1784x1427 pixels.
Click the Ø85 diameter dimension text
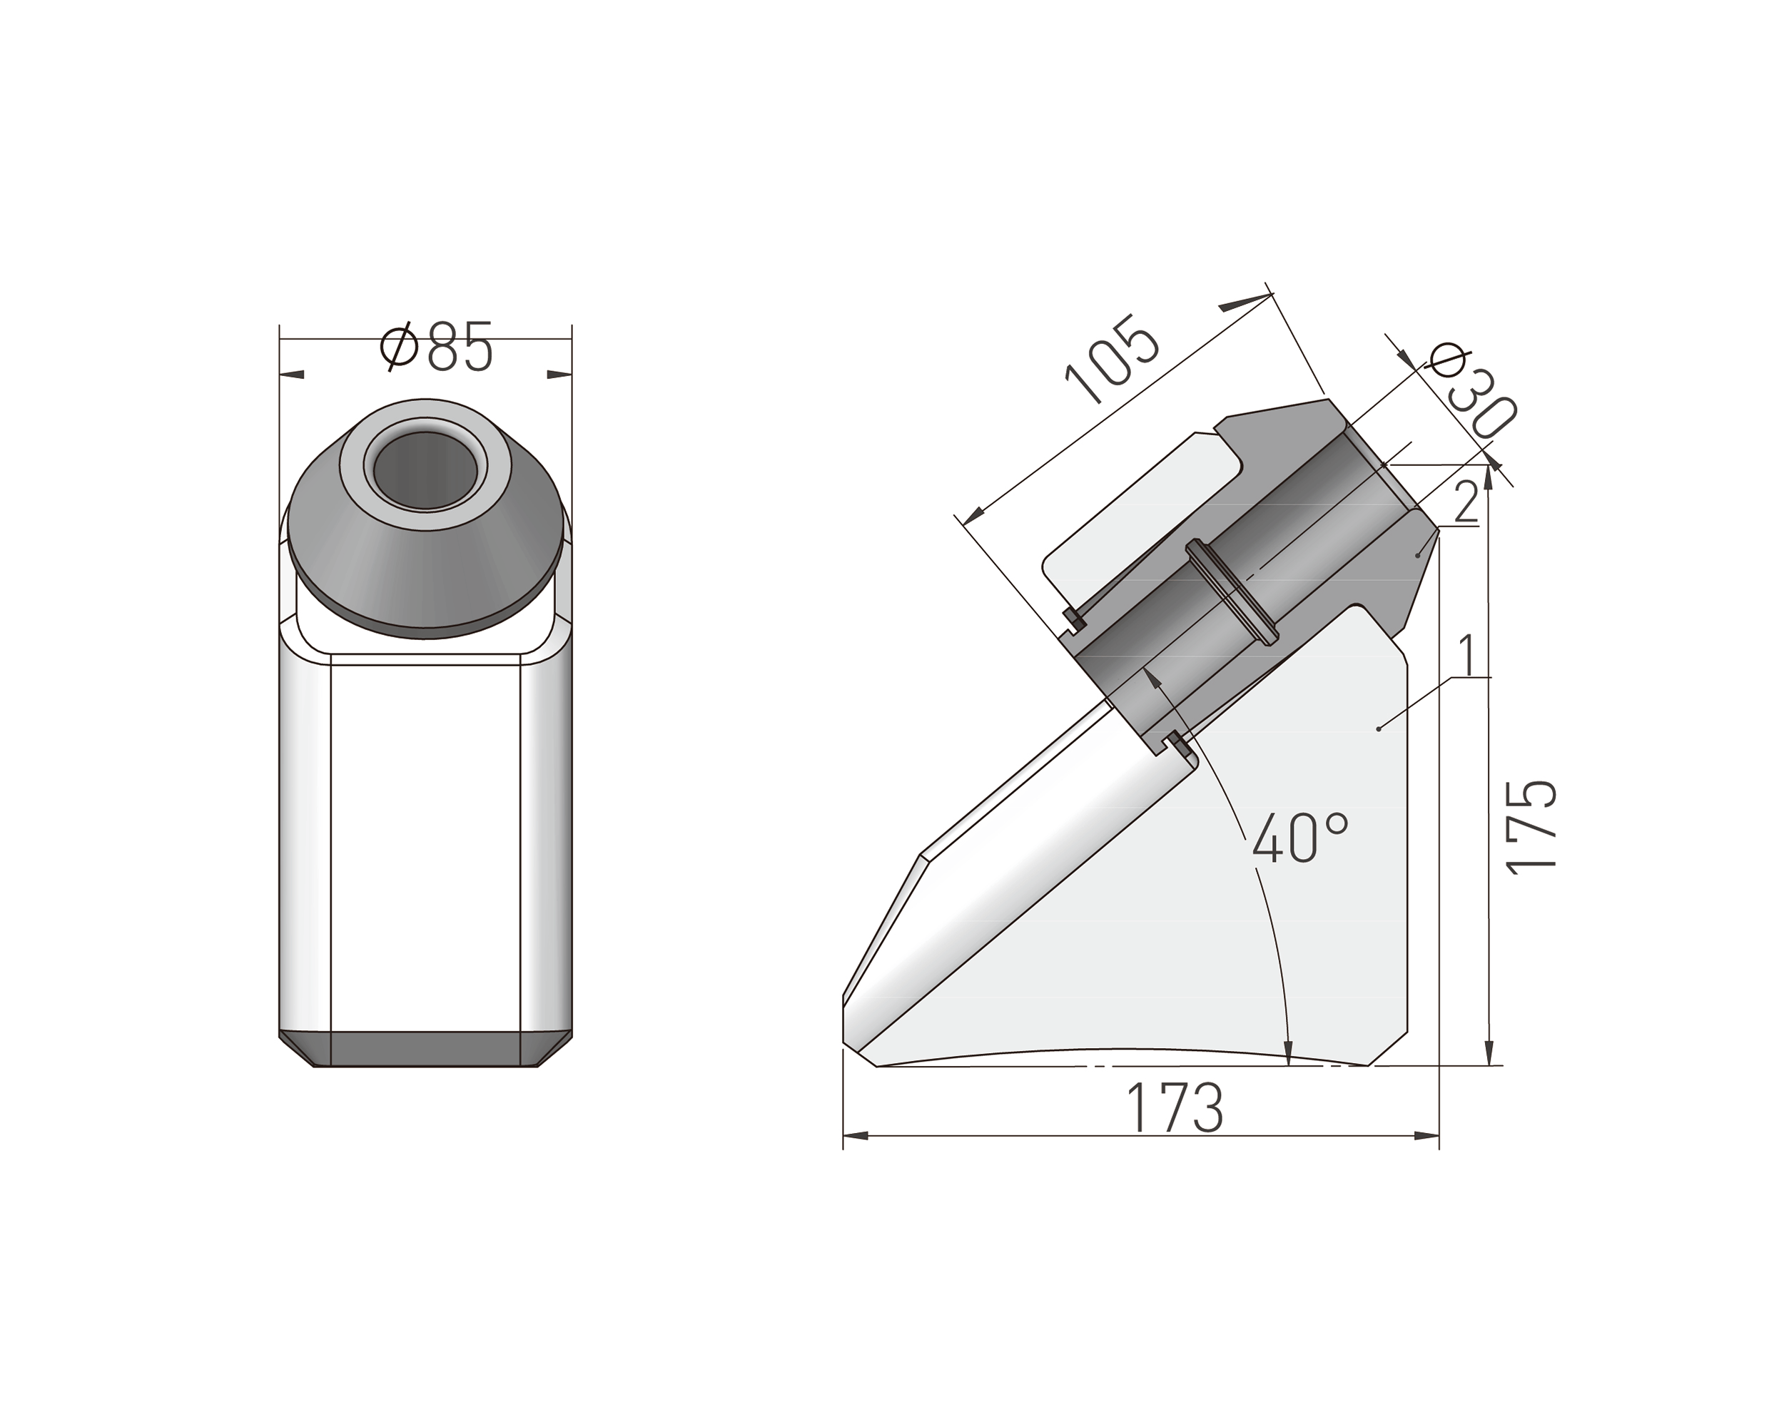[x=436, y=347]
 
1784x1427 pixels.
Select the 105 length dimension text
[x=1111, y=360]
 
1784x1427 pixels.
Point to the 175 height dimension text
[x=1531, y=826]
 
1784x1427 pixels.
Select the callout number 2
[x=1466, y=502]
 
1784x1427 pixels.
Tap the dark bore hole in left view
[x=423, y=470]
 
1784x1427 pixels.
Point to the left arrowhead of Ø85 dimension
[x=291, y=375]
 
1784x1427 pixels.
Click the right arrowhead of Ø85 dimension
[x=560, y=375]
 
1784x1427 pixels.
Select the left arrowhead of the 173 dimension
[x=855, y=1136]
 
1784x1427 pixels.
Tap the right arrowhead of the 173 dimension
[x=1427, y=1136]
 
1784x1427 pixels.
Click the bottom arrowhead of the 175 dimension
[x=1489, y=1053]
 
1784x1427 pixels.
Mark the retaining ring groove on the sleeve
[x=1233, y=590]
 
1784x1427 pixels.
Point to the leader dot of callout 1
[x=1378, y=728]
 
